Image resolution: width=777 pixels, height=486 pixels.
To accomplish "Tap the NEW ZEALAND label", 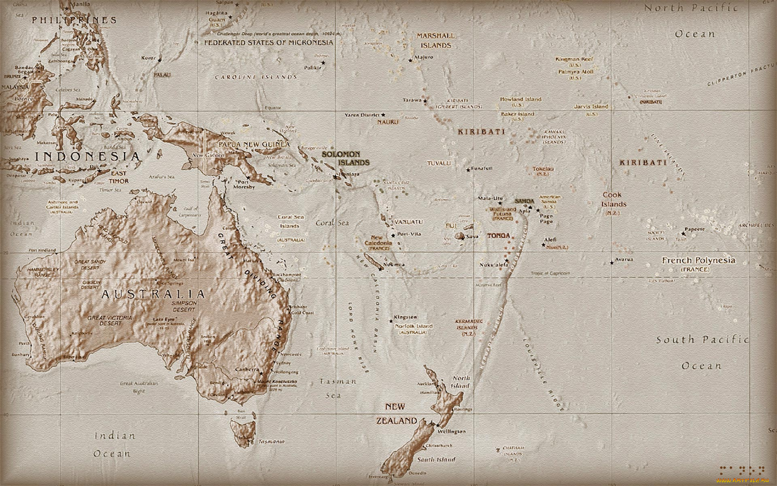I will pyautogui.click(x=397, y=414).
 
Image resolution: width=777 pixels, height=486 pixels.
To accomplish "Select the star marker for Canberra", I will pyautogui.click(x=261, y=373).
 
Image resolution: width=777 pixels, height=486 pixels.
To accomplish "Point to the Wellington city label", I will pyautogui.click(x=452, y=432).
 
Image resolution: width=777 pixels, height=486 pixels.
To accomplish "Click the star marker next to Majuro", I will pyautogui.click(x=410, y=60).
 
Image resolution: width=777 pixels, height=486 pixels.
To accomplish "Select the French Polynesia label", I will pyautogui.click(x=698, y=260).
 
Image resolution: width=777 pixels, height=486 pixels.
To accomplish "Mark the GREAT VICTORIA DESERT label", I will pyautogui.click(x=110, y=320).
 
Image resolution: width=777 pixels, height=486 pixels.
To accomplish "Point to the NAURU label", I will pyautogui.click(x=388, y=122).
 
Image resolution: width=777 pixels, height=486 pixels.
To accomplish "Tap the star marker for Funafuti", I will pyautogui.click(x=468, y=170).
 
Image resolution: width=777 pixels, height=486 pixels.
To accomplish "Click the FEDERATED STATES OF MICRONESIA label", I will pyautogui.click(x=269, y=43).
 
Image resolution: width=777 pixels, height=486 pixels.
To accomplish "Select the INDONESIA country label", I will pyautogui.click(x=87, y=156).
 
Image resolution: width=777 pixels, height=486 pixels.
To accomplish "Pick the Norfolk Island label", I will pyautogui.click(x=414, y=326).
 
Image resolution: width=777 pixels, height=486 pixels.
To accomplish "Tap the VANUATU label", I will pyautogui.click(x=409, y=222).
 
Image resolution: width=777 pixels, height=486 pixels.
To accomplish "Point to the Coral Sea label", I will pyautogui.click(x=332, y=223).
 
